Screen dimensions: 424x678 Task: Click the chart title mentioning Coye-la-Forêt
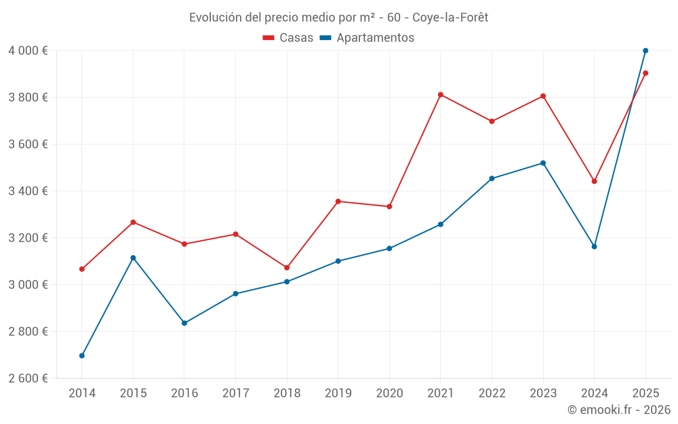click(338, 17)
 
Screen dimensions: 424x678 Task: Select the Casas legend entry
click(288, 38)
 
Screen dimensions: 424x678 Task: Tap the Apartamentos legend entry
click(367, 38)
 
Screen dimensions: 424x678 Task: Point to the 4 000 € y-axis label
click(28, 51)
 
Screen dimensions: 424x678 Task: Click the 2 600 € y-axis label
click(28, 379)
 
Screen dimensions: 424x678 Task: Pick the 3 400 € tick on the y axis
click(28, 191)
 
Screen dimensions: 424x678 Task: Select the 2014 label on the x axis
click(82, 393)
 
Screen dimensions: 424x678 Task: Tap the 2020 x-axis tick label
click(389, 393)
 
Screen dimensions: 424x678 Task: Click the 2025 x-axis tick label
click(645, 393)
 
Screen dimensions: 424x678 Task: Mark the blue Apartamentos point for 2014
click(82, 355)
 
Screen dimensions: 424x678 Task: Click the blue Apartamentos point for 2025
click(645, 51)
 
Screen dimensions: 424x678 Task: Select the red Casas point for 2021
click(441, 94)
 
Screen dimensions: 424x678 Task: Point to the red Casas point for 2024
click(595, 181)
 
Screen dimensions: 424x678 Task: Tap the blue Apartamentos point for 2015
click(133, 258)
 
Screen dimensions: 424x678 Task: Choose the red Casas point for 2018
click(287, 267)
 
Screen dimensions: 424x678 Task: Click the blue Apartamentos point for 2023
click(543, 163)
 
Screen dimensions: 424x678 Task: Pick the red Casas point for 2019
click(338, 201)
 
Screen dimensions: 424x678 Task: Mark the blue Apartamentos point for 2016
click(184, 323)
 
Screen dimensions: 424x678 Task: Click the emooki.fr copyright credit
click(618, 410)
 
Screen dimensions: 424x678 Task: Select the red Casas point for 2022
click(492, 121)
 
